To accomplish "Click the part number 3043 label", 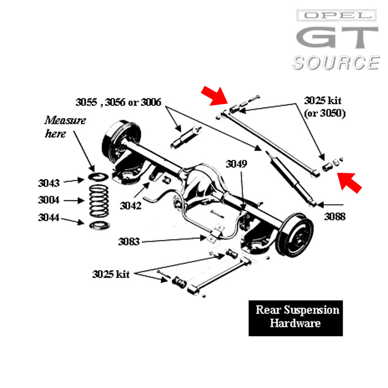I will coord(48,183).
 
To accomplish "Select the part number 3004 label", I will coord(48,200).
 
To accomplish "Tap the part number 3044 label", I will coord(48,218).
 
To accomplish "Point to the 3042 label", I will coord(130,206).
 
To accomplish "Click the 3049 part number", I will coord(236,164).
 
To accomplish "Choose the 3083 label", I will coord(129,241).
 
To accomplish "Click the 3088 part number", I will coord(334,216).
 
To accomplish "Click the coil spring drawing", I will coord(98,200).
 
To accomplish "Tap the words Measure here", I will coord(65,127).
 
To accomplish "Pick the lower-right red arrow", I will coord(349,181).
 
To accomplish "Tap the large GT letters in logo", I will coord(337,38).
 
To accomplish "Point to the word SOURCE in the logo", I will coord(336,62).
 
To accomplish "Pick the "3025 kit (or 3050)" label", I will coord(325,107).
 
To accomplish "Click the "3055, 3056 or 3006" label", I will coord(118,102).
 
